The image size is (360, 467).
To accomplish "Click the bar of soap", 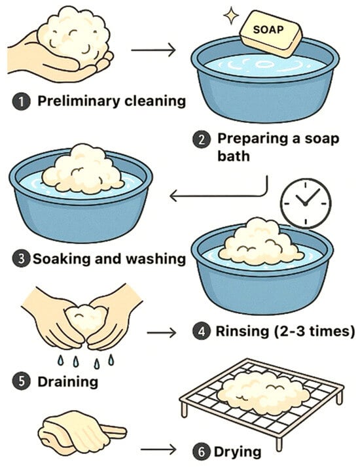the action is pos(271,33).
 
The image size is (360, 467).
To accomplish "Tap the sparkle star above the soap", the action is pos(231,17).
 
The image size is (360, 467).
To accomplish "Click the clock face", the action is pos(306,203).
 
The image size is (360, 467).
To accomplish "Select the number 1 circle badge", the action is pos(21,102).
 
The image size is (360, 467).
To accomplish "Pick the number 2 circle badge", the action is pos(202,139).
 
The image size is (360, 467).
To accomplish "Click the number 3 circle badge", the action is pos(21,258).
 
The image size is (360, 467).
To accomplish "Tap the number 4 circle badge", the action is pos(202,332).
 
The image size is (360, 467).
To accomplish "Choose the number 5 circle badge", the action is pos(21,382).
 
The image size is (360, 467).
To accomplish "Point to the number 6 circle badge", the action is pos(202,452).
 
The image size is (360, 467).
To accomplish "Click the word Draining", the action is pos(67,382).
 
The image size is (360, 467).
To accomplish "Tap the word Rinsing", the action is pos(242,332).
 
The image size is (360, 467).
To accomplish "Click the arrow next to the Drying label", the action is pos(158,449).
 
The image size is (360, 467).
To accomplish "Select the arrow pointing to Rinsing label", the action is pos(162,332).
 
